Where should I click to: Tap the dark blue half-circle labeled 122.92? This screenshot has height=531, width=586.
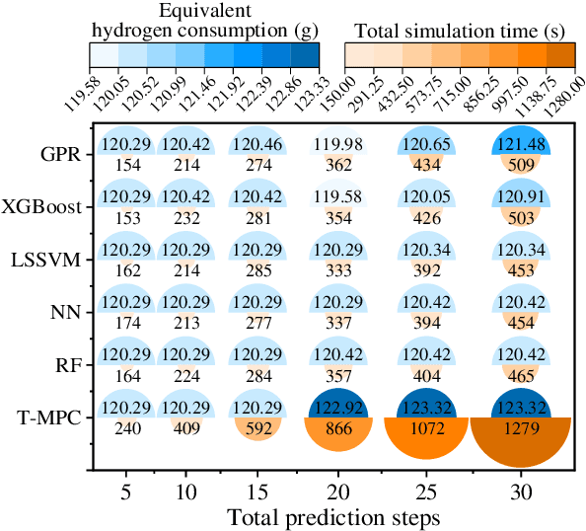coord(343,406)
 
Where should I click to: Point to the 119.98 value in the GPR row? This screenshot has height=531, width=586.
coord(343,145)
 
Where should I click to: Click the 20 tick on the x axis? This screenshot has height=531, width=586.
coord(343,491)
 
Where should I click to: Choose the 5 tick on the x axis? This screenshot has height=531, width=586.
coord(123,491)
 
